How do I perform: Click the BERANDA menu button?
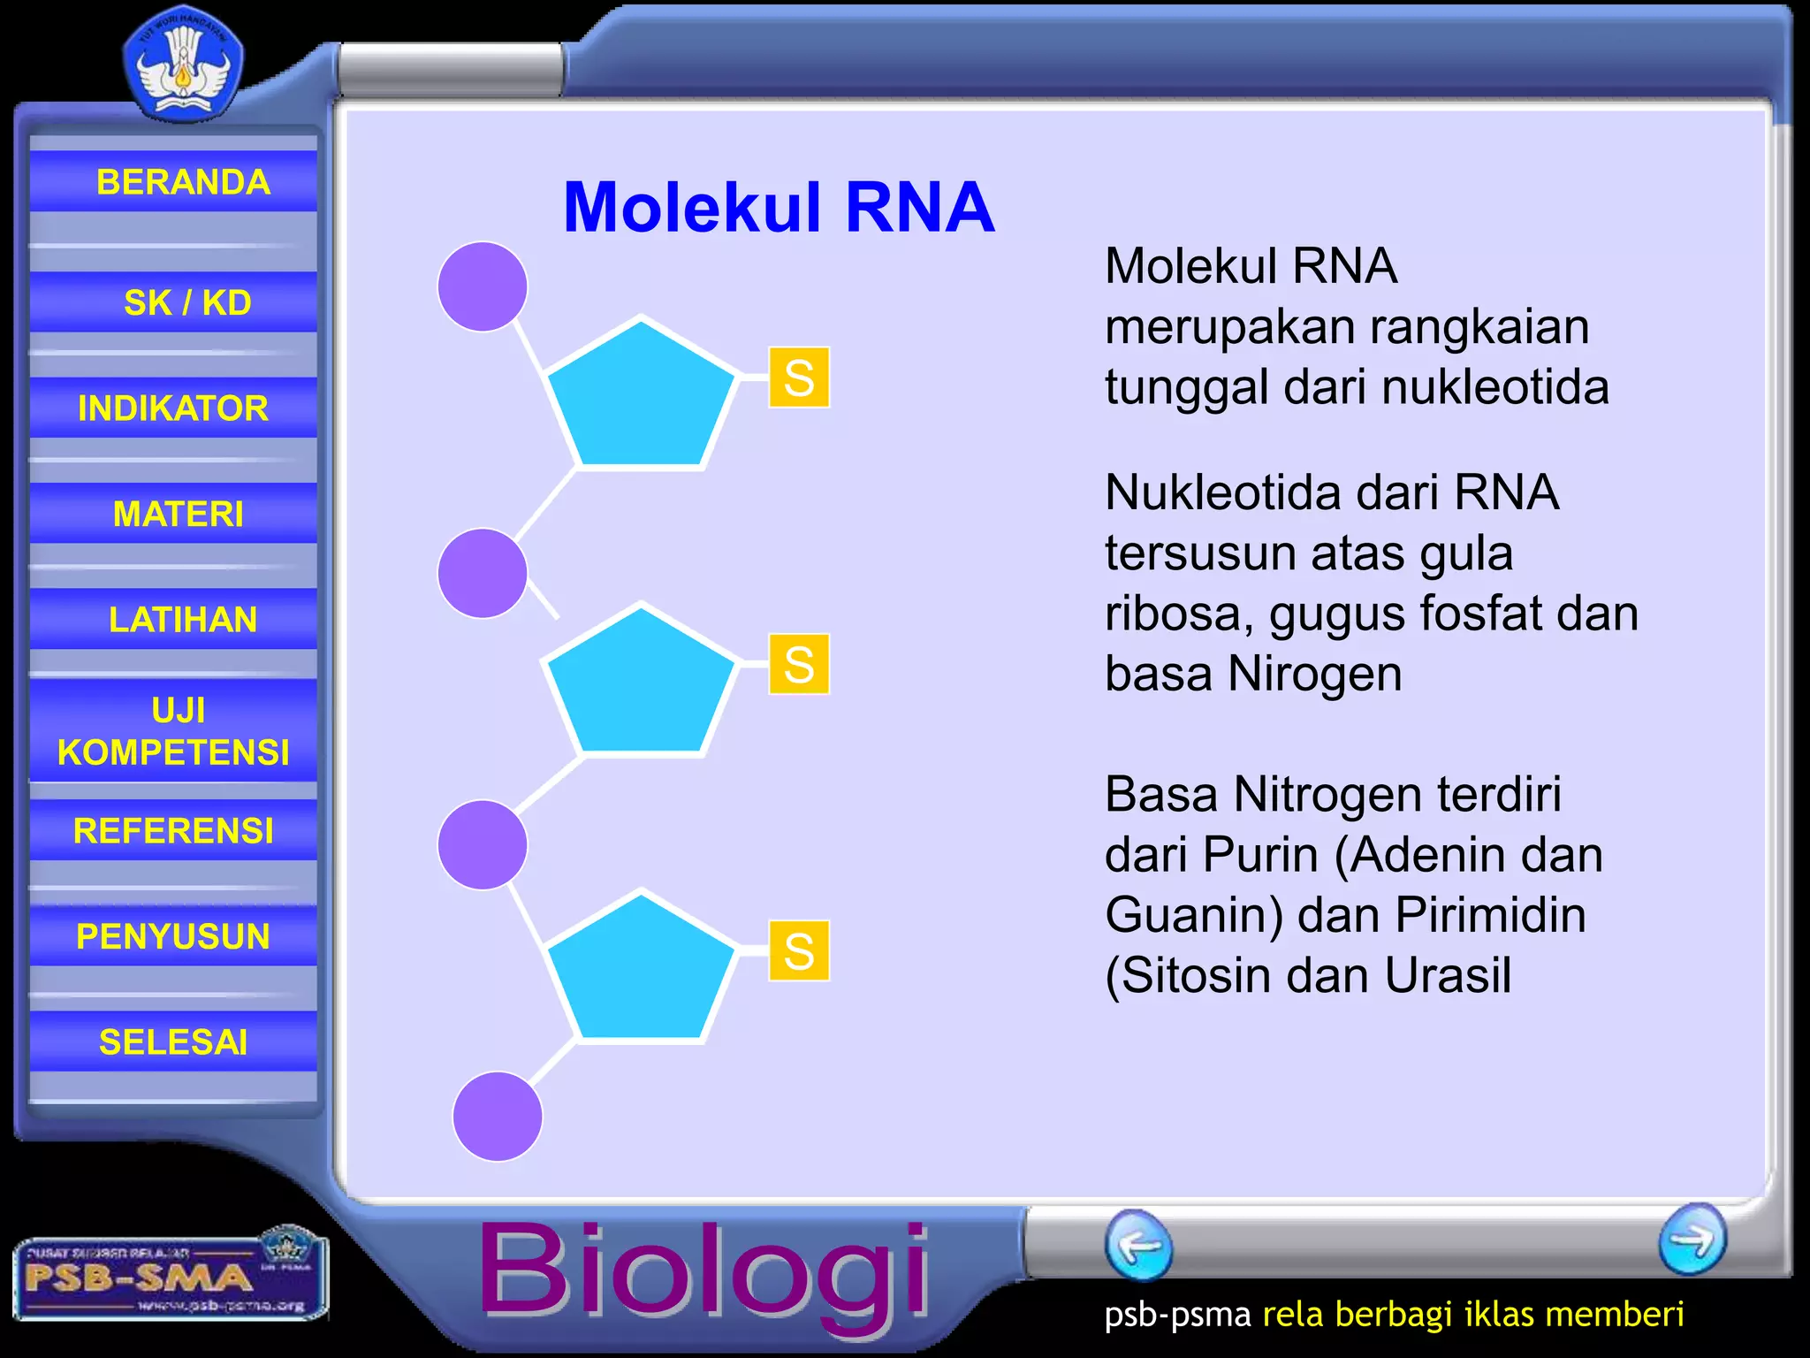tap(173, 181)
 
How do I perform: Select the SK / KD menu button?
tap(173, 302)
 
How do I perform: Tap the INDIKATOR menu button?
tap(173, 408)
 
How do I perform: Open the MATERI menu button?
tap(173, 514)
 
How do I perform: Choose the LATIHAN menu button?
tap(173, 619)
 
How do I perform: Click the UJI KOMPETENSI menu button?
tap(173, 730)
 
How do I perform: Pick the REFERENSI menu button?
tap(173, 830)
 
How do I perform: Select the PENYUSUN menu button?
tap(173, 936)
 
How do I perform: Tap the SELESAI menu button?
tap(173, 1041)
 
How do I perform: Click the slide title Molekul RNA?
tap(779, 208)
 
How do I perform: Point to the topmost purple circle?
tap(483, 286)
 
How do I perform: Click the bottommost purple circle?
tap(498, 1116)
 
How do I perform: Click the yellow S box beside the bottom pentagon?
tap(799, 950)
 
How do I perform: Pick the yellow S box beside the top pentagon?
tap(799, 378)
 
